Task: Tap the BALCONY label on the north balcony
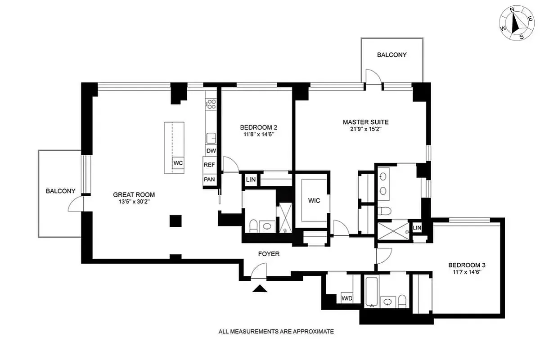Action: (391, 55)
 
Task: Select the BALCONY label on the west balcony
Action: (60, 191)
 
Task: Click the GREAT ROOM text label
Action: (134, 195)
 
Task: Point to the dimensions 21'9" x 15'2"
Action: (365, 129)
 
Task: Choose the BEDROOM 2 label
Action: (255, 127)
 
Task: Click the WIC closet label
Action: (314, 200)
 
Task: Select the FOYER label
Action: (269, 254)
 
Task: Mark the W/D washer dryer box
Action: (346, 298)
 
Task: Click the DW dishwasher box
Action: (211, 151)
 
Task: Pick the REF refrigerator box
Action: (209, 165)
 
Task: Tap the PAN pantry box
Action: (209, 179)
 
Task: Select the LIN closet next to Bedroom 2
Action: (250, 180)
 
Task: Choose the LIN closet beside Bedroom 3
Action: (417, 228)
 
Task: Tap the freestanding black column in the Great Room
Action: (175, 221)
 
